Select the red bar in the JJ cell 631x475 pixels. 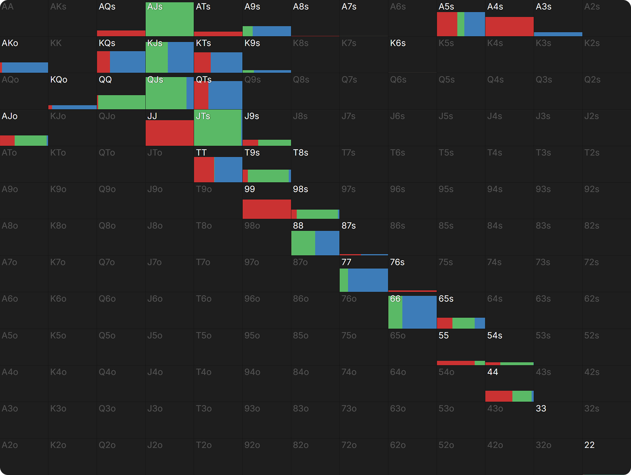(170, 133)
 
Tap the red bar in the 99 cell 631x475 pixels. (267, 209)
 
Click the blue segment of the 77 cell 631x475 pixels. (368, 280)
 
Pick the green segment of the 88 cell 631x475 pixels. (303, 243)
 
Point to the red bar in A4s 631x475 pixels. (509, 26)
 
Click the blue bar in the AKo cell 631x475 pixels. (25, 67)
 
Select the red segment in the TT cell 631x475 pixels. (204, 169)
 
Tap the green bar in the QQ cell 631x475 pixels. (121, 102)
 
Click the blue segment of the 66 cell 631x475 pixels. (419, 312)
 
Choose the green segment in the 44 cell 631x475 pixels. (522, 396)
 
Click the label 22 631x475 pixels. (589, 445)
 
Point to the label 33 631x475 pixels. (541, 408)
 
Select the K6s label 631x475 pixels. (398, 43)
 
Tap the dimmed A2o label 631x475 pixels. (10, 445)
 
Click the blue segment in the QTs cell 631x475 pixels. (225, 95)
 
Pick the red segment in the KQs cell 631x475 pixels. (103, 62)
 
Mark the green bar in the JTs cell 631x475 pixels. (217, 128)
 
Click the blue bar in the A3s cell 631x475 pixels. (558, 34)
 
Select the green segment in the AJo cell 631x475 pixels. (30, 141)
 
